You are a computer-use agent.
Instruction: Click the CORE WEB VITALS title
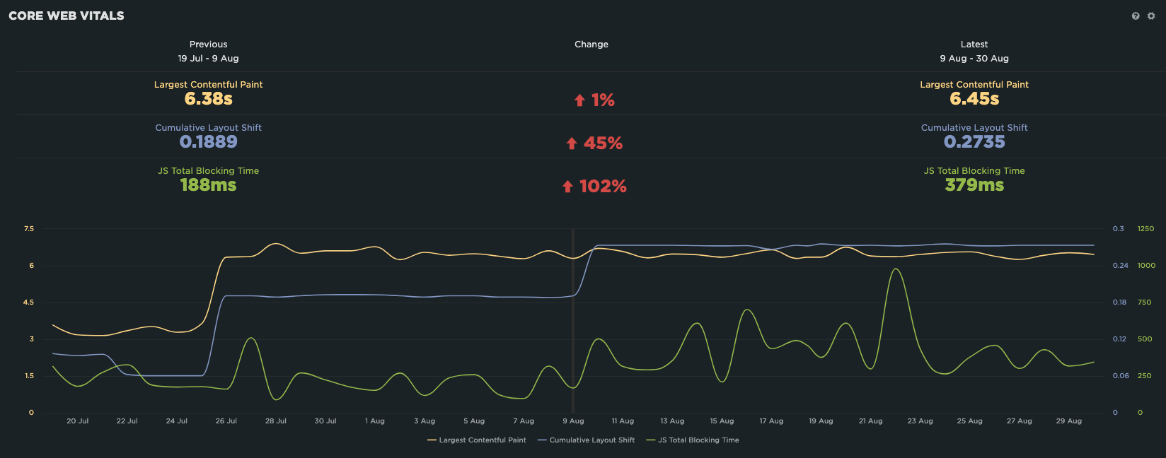click(x=67, y=16)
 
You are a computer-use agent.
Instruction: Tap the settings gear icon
click(x=1151, y=16)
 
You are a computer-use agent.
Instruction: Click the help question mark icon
click(x=1136, y=16)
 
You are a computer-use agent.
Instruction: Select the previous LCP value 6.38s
click(x=208, y=99)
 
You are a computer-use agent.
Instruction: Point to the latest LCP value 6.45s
click(x=974, y=99)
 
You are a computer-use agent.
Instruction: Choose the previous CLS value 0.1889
click(x=208, y=142)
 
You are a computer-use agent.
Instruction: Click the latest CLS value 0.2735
click(x=974, y=142)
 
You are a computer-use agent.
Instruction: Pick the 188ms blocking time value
click(x=208, y=185)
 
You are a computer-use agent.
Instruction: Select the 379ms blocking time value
click(x=974, y=185)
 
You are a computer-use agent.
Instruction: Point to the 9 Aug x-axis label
click(x=573, y=421)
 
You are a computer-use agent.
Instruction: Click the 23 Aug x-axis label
click(x=920, y=421)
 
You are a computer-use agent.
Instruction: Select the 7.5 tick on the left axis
click(x=29, y=229)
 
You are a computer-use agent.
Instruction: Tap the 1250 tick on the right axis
click(x=1145, y=229)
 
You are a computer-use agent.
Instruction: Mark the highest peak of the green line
click(x=896, y=269)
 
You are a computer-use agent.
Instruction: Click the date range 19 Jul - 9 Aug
click(x=208, y=59)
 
